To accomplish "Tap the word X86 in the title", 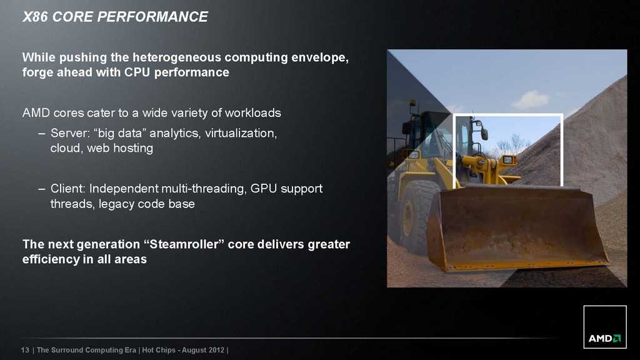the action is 36,17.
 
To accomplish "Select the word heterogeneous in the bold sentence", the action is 177,57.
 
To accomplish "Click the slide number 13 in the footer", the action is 25,350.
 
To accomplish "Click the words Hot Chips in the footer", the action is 158,350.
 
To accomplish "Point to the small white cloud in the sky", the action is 531,99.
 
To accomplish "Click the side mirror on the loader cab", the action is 484,134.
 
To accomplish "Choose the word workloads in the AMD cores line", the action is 252,113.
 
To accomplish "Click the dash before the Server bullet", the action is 42,133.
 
